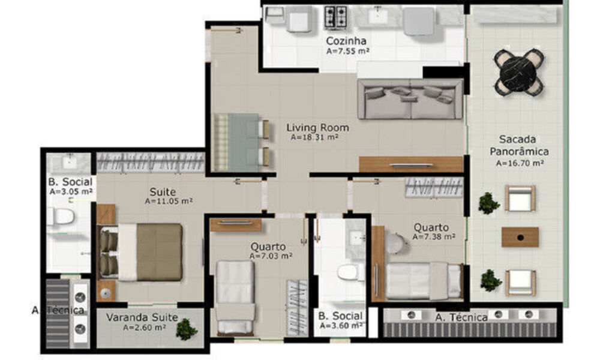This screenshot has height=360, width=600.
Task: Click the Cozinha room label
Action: (346, 41)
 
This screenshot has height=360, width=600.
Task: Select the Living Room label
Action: (317, 128)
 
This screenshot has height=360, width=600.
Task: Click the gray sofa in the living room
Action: (410, 99)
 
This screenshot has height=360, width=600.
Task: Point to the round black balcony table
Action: (518, 72)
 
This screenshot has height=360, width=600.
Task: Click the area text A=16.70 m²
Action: (520, 163)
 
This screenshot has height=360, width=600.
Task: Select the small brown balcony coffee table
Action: (520, 236)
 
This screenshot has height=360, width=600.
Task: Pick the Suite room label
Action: (163, 192)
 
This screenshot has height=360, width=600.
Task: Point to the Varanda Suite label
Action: (142, 317)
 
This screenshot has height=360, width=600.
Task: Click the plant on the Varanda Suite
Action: (187, 328)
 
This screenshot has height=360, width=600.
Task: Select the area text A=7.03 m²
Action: (271, 256)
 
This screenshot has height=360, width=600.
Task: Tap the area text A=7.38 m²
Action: (433, 237)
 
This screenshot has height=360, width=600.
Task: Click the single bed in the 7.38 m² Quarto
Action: (423, 280)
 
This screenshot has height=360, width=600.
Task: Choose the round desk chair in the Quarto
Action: (396, 243)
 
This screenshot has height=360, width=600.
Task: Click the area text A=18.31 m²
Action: (315, 137)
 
